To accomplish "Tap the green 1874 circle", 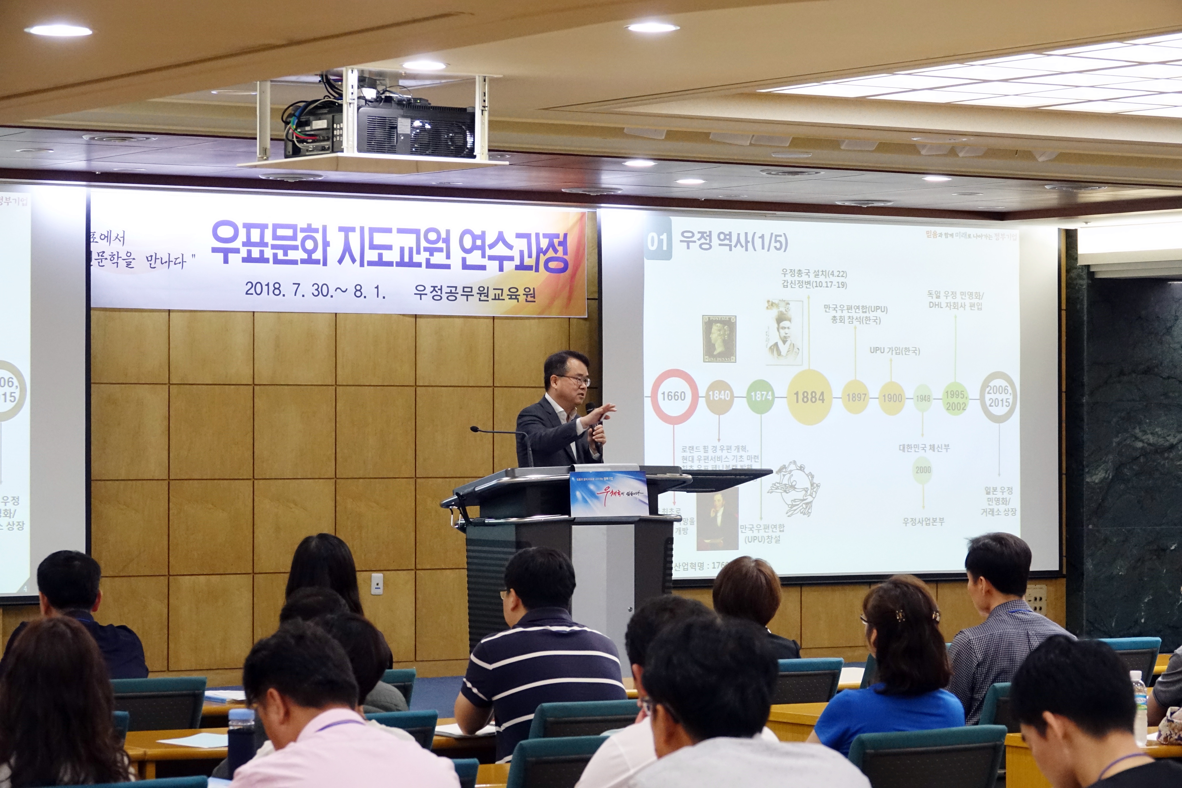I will [761, 396].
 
